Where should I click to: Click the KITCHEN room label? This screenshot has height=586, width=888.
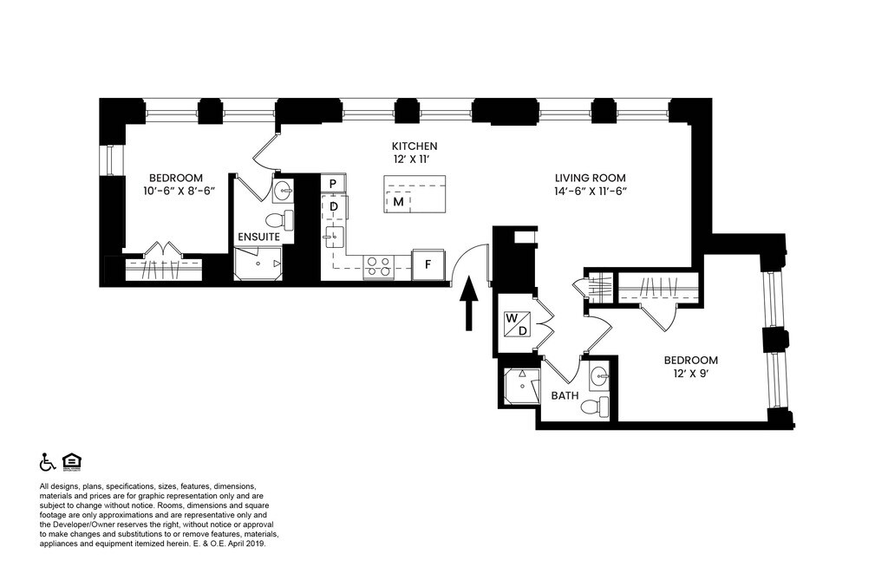[x=415, y=146]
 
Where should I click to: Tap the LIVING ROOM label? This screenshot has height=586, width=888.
[x=590, y=178]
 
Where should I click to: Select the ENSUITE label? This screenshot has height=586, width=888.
[x=258, y=237]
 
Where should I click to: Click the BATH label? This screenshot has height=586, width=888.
[x=565, y=396]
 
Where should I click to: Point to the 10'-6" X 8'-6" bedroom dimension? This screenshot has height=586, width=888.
[x=180, y=192]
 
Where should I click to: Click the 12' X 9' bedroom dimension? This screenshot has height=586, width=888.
[x=691, y=374]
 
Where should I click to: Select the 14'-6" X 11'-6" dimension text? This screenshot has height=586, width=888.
[x=590, y=192]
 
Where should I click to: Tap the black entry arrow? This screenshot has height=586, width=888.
[x=468, y=303]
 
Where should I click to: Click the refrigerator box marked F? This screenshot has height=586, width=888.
[x=428, y=264]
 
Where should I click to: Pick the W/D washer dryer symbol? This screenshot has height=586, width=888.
[x=517, y=324]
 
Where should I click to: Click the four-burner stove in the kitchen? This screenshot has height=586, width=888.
[x=379, y=267]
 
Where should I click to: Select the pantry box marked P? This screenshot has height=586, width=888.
[x=333, y=184]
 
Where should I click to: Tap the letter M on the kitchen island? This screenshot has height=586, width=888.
[x=399, y=202]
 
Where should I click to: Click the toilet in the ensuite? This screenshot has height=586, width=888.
[x=279, y=219]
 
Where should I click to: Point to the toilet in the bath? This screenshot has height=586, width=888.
[x=595, y=406]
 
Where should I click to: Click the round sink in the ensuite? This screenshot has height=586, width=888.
[x=283, y=192]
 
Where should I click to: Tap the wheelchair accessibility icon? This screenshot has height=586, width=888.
[x=47, y=462]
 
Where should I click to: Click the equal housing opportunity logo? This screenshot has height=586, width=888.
[x=72, y=461]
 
